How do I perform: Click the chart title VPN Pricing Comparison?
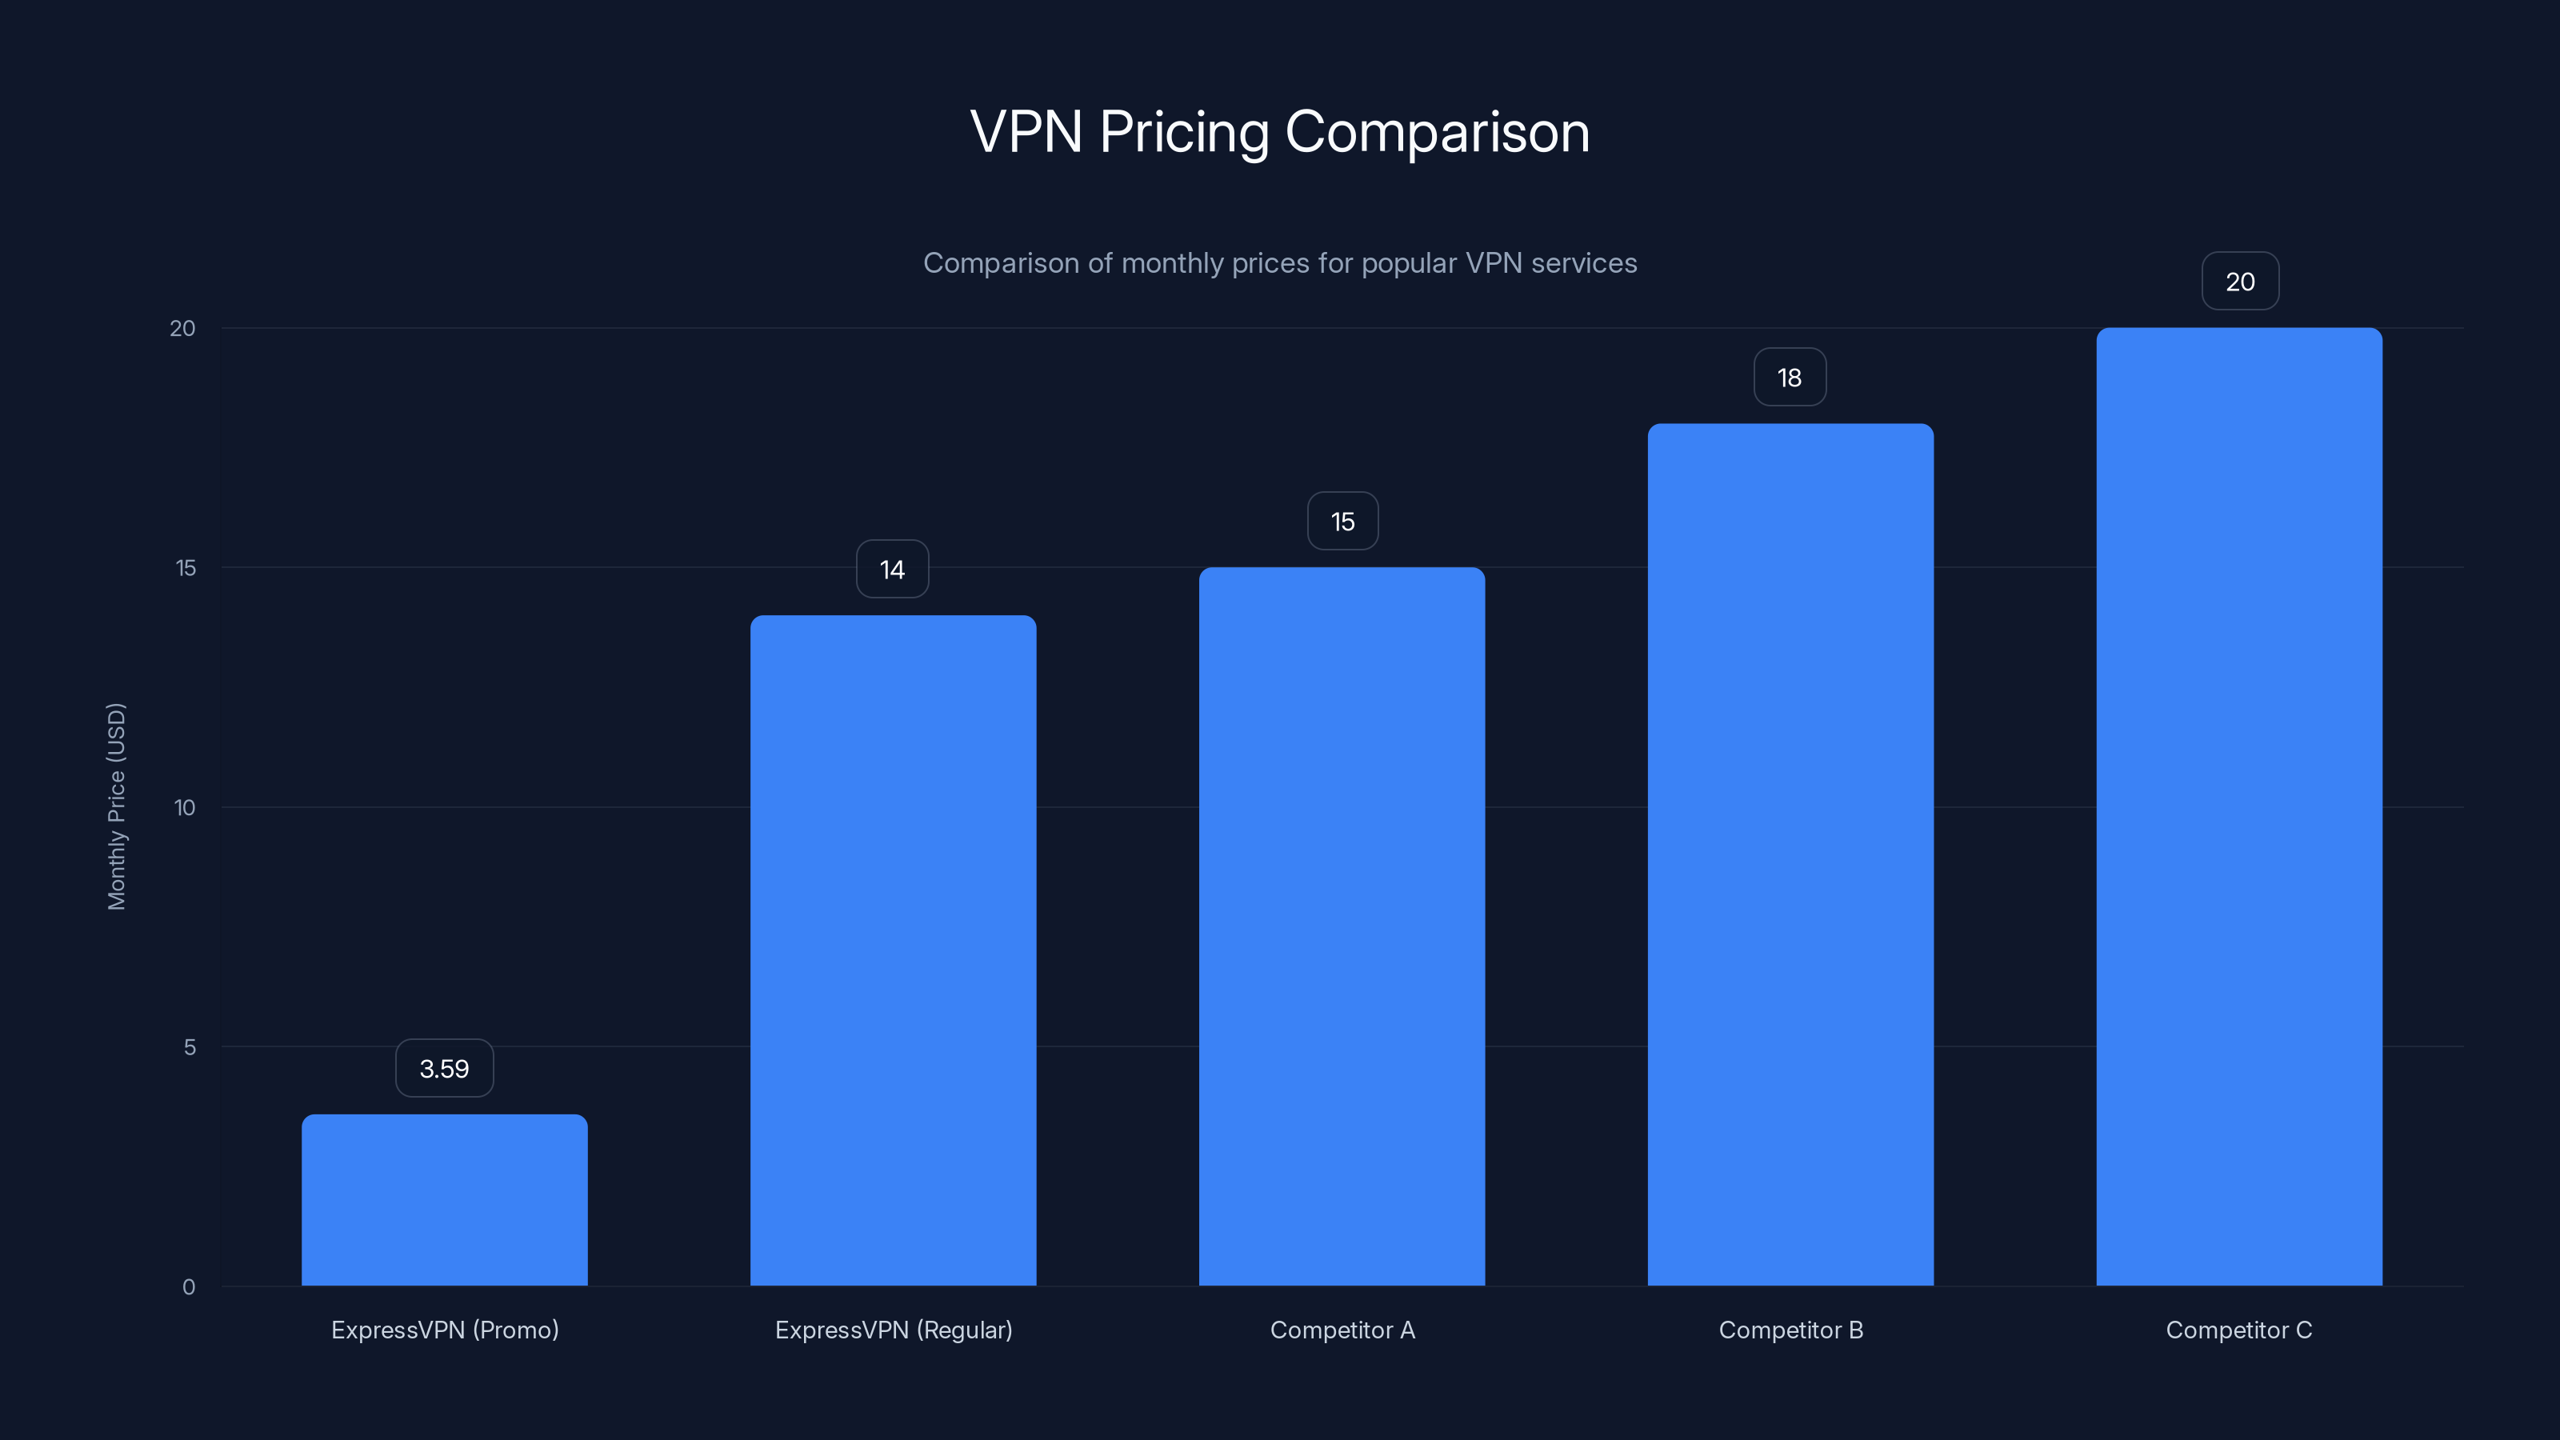1279,132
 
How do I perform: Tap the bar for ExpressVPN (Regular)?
893,950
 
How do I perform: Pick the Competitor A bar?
1342,926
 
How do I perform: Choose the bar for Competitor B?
1790,854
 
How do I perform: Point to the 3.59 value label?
444,1068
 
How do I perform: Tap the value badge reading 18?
1789,378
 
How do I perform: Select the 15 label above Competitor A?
1342,522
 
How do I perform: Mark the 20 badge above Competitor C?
2240,282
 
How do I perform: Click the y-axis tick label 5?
189,1047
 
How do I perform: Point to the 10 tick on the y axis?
185,808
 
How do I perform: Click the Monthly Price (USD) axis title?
116,806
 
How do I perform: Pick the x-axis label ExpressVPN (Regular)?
894,1330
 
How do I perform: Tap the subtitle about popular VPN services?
1279,263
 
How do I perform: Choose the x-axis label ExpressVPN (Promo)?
444,1330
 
